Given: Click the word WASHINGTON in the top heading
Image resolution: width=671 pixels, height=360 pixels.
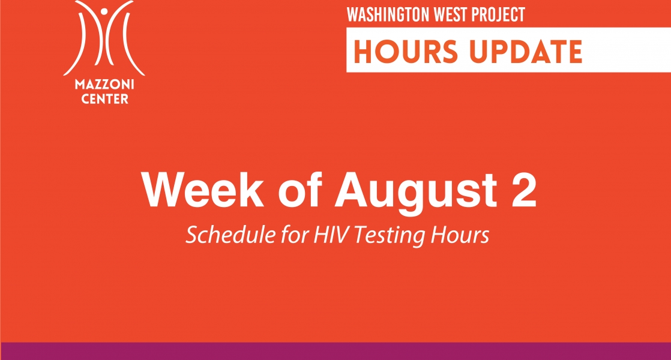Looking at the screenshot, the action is point(388,14).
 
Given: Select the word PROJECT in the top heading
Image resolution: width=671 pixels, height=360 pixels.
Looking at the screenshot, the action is point(498,14).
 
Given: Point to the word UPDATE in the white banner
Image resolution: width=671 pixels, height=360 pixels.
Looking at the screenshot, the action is point(526,51).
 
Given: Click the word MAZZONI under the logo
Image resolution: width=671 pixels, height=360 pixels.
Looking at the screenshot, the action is point(104,84).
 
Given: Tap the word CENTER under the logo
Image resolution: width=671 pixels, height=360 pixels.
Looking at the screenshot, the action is point(105,99).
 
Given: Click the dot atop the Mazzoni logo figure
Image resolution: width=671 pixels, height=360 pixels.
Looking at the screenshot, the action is point(104,11).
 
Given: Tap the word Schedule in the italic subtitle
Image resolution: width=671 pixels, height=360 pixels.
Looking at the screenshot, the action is point(230,234).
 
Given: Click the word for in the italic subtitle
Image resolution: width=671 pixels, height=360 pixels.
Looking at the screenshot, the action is point(295,234).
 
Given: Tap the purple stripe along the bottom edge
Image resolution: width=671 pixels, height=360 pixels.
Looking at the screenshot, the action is point(335,351).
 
